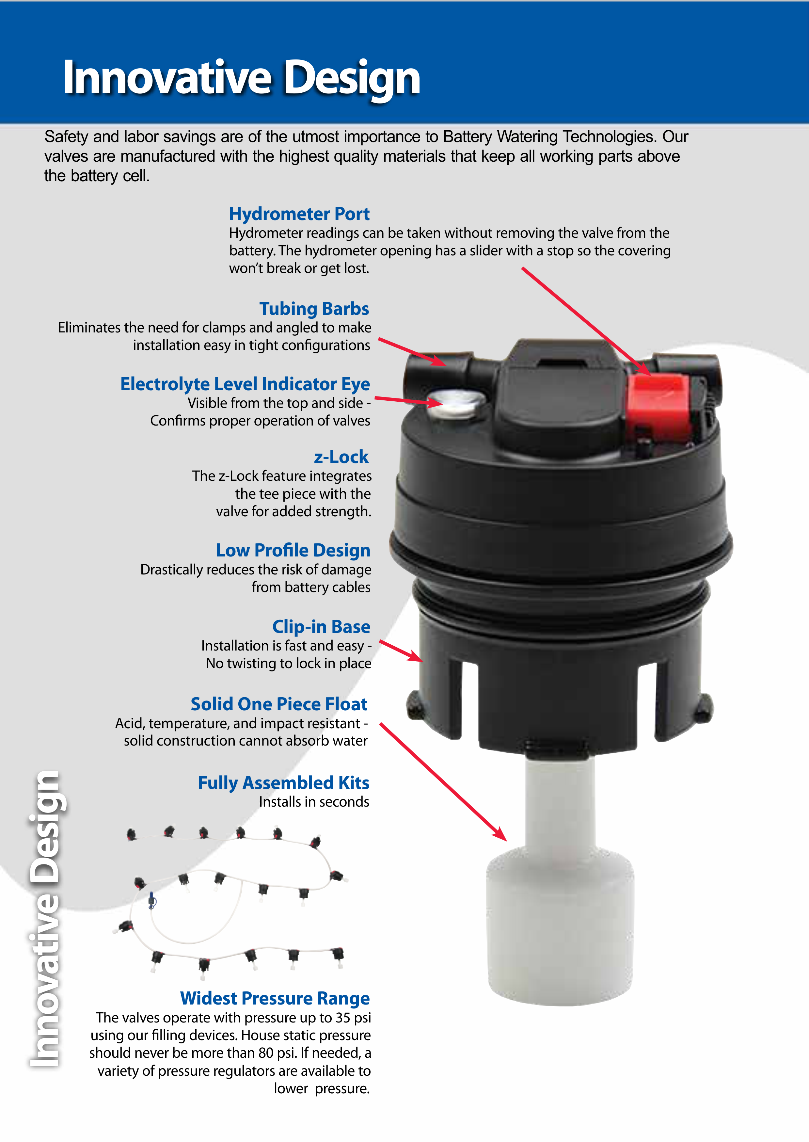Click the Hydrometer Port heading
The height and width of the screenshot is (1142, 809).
tap(299, 214)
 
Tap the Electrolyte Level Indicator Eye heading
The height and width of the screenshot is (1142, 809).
tap(245, 384)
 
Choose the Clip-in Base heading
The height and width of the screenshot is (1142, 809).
tap(321, 626)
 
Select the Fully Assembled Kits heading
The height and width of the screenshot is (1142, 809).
tap(283, 783)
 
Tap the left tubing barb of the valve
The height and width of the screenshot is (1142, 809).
tap(434, 374)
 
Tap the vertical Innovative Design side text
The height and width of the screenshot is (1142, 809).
tap(45, 919)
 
